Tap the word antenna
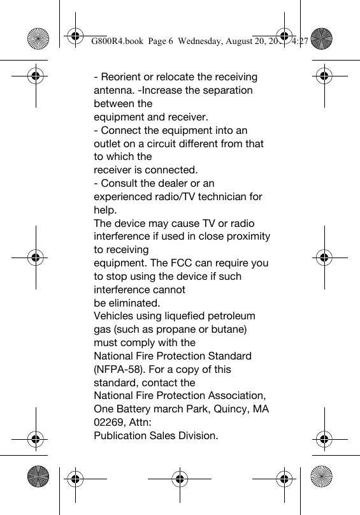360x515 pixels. coord(115,91)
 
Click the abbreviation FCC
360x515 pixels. coord(190,263)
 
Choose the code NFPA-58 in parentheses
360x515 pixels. coord(121,370)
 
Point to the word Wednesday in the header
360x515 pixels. coord(201,41)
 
